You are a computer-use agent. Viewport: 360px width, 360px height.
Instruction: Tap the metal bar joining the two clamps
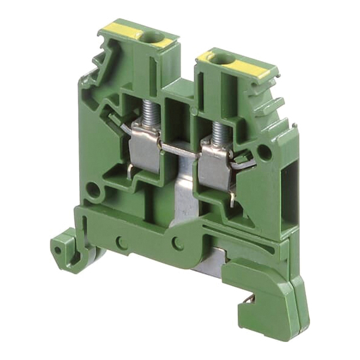coord(180,150)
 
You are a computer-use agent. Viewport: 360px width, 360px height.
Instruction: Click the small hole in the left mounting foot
coord(58,251)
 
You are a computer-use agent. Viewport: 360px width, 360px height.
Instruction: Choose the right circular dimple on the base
coord(177,243)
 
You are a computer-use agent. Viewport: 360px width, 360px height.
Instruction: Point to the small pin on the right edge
coord(295,125)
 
